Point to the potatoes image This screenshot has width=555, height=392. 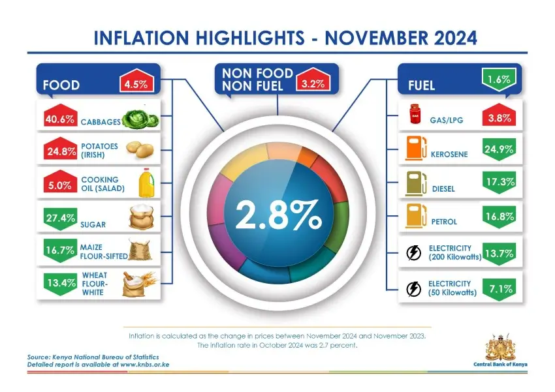[138, 150]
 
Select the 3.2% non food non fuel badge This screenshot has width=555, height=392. [314, 83]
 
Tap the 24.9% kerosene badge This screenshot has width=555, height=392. [499, 150]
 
